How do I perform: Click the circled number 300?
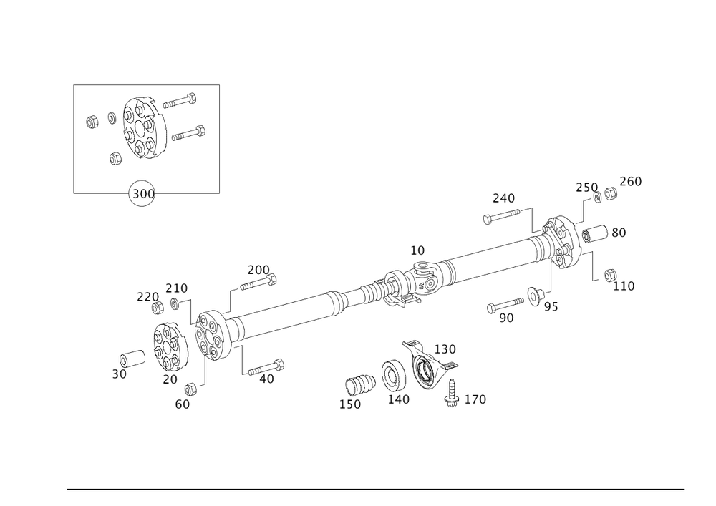142,194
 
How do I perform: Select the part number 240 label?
504,198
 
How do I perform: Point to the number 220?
147,296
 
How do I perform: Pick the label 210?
176,288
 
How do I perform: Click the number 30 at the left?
120,374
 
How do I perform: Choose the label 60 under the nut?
182,404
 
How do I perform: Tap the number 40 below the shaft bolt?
266,380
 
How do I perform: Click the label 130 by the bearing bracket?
445,349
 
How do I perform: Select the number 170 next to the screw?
475,399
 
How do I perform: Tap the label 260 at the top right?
630,182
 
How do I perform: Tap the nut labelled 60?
191,389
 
